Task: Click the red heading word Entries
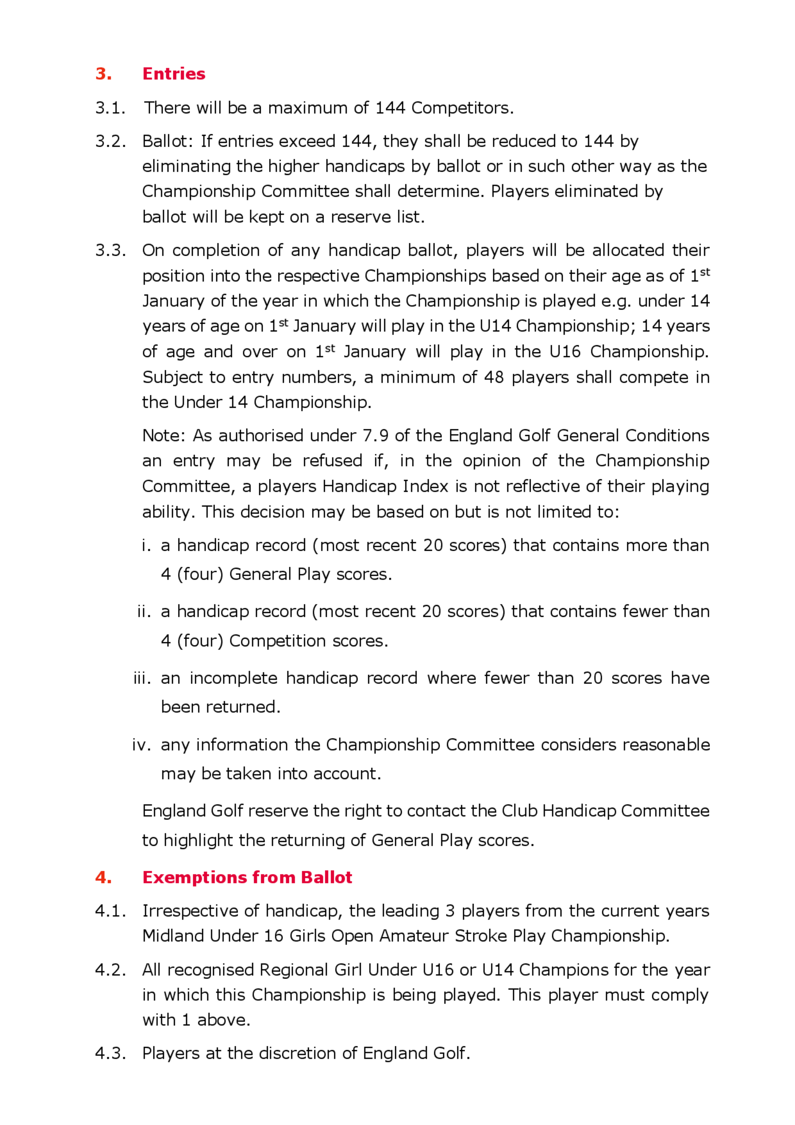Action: click(x=174, y=74)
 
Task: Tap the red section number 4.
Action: click(x=103, y=877)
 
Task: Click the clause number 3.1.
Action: click(x=110, y=108)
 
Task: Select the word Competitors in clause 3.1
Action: click(x=462, y=108)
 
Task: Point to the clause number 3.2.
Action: click(x=110, y=141)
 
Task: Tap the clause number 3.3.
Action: click(x=110, y=251)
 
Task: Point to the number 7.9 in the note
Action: click(x=375, y=435)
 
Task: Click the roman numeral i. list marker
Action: click(x=146, y=545)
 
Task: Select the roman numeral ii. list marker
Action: click(x=144, y=612)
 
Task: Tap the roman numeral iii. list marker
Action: click(x=142, y=678)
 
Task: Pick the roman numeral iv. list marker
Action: click(x=142, y=745)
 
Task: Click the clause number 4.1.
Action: click(x=110, y=911)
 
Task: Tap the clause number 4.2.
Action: click(x=110, y=970)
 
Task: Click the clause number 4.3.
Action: click(x=110, y=1053)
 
